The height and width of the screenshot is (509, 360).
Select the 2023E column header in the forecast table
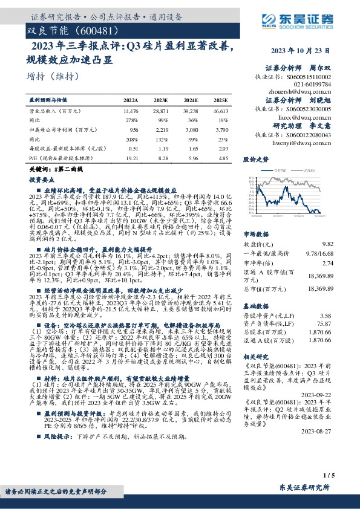[x=160, y=100]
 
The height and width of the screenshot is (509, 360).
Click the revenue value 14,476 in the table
[x=130, y=112]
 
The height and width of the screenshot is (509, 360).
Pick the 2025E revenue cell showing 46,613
[x=220, y=112]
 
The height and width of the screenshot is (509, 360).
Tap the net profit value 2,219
[x=160, y=129]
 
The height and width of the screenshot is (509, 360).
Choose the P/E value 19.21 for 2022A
[x=131, y=157]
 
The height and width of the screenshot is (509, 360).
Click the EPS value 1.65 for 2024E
[x=191, y=148]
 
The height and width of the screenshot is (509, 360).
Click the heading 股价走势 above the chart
[x=255, y=160]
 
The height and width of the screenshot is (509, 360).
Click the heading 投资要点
[x=41, y=180]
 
